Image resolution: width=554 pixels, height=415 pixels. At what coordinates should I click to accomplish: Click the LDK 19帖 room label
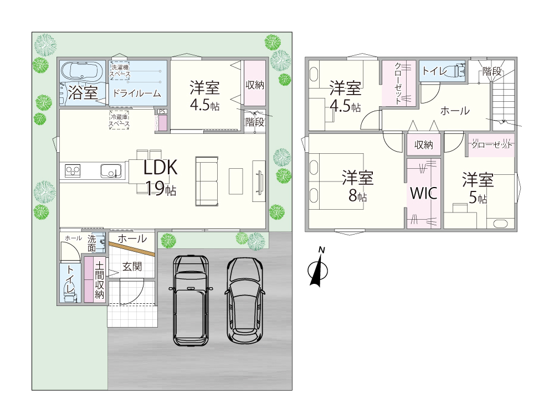coord(160,178)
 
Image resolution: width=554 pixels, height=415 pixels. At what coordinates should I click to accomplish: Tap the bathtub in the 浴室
coord(81,71)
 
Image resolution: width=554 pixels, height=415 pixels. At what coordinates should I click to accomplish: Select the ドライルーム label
coord(137,94)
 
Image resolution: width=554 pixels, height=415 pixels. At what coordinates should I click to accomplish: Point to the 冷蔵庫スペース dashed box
coord(119,121)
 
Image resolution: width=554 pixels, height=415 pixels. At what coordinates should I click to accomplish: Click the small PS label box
coord(162,111)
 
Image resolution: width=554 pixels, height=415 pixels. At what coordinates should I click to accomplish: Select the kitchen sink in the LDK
coord(111,171)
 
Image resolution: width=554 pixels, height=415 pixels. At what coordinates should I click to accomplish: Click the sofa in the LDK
coord(207,181)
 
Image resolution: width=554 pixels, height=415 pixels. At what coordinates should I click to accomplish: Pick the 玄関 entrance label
coord(132,267)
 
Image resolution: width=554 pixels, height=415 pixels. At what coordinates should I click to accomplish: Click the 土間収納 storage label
coord(100,279)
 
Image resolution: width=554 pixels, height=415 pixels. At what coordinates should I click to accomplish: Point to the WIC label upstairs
coord(423,193)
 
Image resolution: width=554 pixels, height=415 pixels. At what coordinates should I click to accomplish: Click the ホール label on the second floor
coord(455,111)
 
